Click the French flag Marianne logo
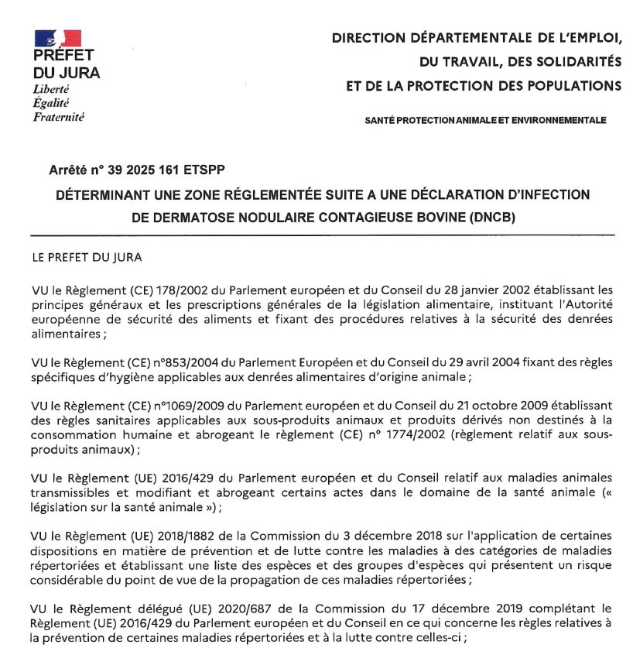point(57,38)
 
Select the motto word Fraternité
point(59,117)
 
